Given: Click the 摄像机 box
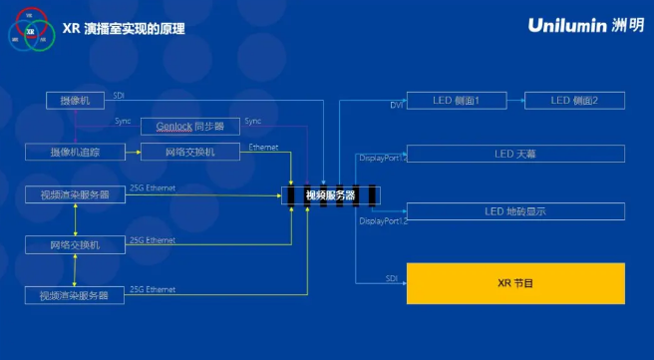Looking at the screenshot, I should (75, 101).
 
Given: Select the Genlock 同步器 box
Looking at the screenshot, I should (189, 127).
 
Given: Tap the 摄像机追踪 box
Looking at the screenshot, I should (75, 152).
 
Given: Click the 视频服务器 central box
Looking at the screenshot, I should (330, 194).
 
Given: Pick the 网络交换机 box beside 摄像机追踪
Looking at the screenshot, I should (190, 152).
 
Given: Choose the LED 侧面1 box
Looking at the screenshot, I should (457, 101).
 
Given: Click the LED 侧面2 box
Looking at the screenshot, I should (574, 101).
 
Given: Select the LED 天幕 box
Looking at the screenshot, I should (515, 154).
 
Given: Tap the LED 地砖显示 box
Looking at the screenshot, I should (515, 211).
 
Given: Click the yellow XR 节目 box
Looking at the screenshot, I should (515, 283).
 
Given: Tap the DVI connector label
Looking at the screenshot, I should (396, 105).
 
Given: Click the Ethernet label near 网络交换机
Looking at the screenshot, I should (264, 148).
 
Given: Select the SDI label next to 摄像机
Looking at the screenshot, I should (119, 95).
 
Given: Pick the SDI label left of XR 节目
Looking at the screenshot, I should (392, 278).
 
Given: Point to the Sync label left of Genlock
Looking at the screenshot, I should (123, 121).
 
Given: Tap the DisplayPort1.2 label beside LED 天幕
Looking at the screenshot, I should (383, 158).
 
